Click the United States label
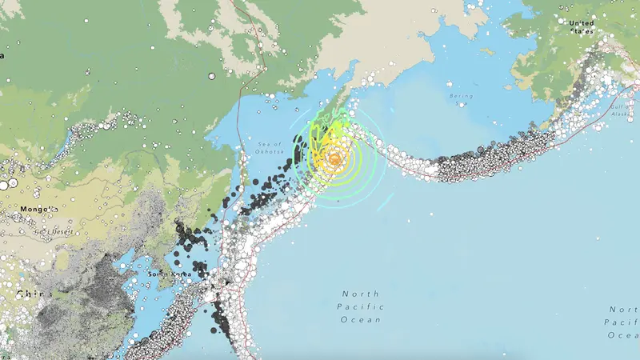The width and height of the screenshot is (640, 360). point(582,27)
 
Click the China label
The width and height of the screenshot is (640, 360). point(30,294)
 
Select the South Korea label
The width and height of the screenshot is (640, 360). point(166,274)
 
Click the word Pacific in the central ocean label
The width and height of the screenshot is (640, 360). point(360,306)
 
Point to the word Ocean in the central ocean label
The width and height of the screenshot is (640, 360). point(360,319)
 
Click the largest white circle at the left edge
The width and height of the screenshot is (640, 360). point(3,184)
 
